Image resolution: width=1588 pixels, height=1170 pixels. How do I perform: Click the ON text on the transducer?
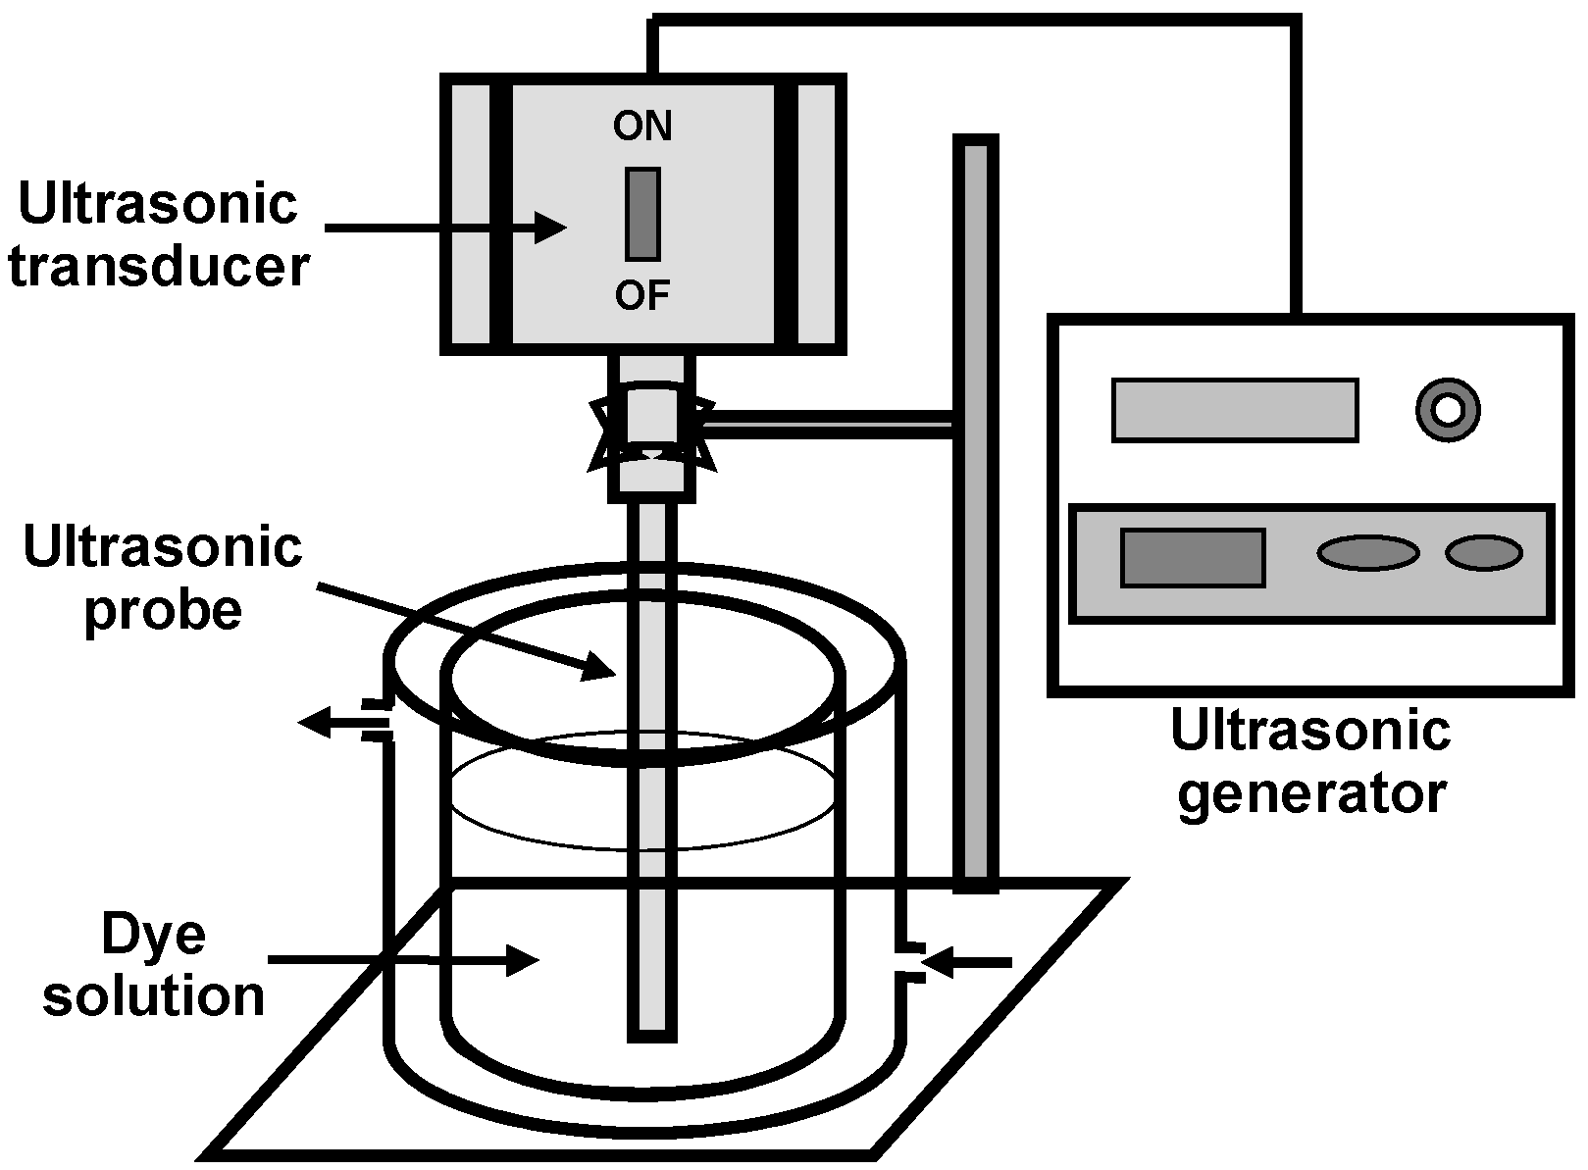point(641,127)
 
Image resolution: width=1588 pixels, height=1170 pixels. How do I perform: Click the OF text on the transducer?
point(641,294)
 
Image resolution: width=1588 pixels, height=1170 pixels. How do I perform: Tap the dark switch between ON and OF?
point(642,214)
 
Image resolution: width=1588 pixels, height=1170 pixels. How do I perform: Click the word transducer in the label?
point(159,267)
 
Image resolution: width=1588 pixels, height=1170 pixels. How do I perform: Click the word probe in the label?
point(163,610)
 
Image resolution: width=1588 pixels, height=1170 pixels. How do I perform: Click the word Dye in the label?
point(154,934)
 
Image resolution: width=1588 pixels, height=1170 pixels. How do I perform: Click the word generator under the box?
point(1311,792)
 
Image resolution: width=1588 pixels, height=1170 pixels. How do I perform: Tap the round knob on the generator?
point(1448,409)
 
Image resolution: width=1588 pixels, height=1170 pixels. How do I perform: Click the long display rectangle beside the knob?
point(1235,410)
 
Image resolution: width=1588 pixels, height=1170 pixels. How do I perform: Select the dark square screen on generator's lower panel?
point(1193,558)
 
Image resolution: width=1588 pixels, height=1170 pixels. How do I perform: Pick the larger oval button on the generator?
point(1367,553)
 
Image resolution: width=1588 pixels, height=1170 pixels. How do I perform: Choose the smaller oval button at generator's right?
point(1483,553)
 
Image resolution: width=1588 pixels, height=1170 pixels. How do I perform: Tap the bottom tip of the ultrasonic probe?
point(651,1030)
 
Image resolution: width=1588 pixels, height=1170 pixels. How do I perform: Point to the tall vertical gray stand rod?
point(975,510)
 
